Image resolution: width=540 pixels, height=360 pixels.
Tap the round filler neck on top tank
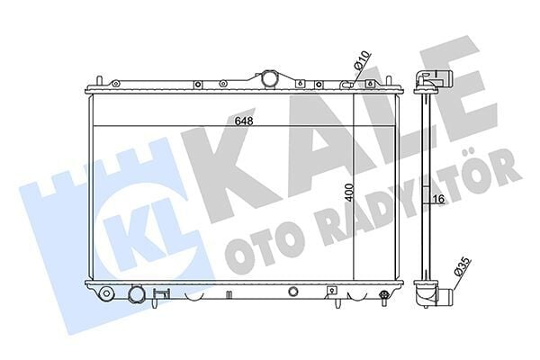(269, 79)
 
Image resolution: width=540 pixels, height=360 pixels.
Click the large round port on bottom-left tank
(136, 294)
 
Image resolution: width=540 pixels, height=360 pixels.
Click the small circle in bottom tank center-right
(293, 292)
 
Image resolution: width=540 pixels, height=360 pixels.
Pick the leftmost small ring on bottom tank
(106, 292)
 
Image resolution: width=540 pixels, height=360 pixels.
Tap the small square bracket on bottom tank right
(332, 291)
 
